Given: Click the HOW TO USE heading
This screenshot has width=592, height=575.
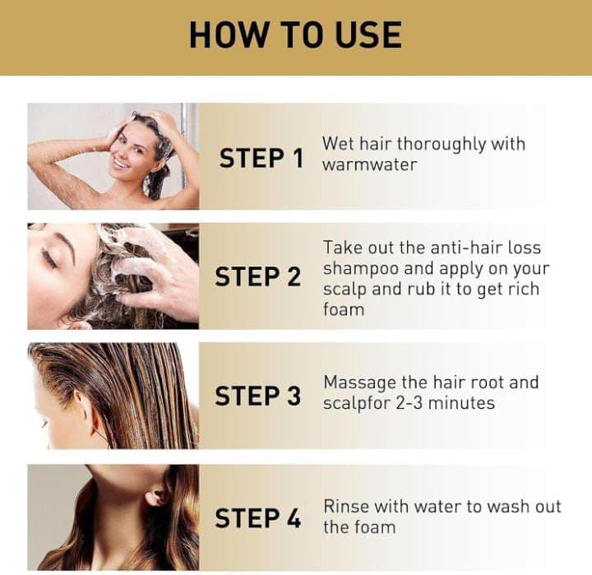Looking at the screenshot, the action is coord(296,35).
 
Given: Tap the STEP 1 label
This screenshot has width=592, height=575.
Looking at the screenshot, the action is coord(261,158).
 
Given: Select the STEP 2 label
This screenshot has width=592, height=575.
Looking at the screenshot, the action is coord(258,276).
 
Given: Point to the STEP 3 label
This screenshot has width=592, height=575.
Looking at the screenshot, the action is coord(258,396).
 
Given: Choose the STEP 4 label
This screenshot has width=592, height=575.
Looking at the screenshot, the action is coord(258,517).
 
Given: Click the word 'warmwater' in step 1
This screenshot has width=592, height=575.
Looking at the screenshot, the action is coord(370,165).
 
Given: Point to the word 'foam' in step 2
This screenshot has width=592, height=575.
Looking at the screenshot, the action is coord(344,309).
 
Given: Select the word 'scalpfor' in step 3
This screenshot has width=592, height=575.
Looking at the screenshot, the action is coord(357,404).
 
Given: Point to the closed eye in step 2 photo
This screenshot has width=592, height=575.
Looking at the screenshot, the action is coord(49,257).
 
